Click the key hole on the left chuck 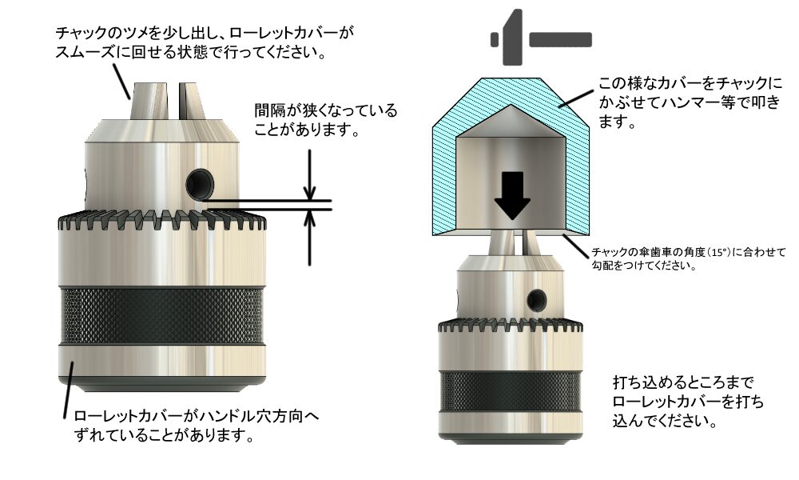[x=200, y=184]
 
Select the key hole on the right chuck [x=537, y=300]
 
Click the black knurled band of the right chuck [x=510, y=390]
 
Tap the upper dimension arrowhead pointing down [x=309, y=193]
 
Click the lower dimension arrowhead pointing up [x=309, y=218]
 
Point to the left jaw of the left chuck [x=149, y=101]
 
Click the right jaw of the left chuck [x=192, y=101]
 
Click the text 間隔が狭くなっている [x=326, y=110]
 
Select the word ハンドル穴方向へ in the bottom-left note [x=259, y=416]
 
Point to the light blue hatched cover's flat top [x=511, y=80]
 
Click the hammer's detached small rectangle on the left [x=495, y=39]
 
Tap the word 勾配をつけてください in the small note [x=643, y=266]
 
